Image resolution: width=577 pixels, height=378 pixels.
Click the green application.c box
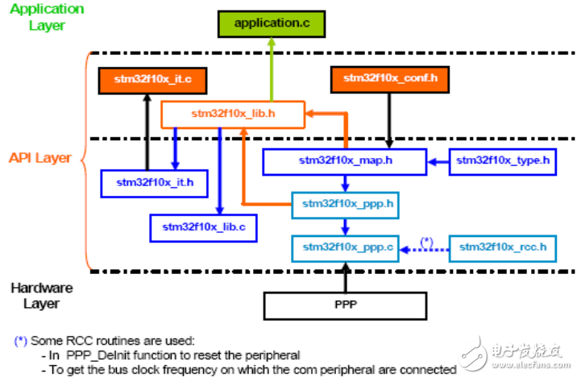(272, 24)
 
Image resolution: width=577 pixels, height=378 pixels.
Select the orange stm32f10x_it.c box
(152, 81)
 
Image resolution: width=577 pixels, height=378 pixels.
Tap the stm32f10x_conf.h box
(390, 80)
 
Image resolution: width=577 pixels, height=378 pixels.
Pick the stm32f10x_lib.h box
(233, 114)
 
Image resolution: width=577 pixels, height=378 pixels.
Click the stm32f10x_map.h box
(345, 161)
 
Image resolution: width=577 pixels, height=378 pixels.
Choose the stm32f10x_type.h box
(502, 161)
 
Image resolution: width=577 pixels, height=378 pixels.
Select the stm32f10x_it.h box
(155, 183)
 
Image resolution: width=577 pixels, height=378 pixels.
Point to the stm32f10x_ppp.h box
(345, 205)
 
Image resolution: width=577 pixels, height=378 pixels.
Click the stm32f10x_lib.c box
(204, 228)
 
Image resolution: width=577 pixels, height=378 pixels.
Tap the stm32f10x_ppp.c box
(345, 248)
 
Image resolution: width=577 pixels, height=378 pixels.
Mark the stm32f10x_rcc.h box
(502, 248)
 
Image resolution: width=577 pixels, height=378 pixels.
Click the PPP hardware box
(345, 305)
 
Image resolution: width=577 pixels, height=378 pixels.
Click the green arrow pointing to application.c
(272, 69)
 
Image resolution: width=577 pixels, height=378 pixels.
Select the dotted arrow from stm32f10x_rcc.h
(424, 250)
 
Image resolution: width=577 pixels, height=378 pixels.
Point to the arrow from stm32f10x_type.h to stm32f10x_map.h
(438, 161)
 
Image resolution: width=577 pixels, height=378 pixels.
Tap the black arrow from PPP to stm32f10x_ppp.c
(345, 277)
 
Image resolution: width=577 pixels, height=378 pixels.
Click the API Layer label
(40, 158)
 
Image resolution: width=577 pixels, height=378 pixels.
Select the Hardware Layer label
(42, 296)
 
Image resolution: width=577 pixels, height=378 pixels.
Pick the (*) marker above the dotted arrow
(426, 242)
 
